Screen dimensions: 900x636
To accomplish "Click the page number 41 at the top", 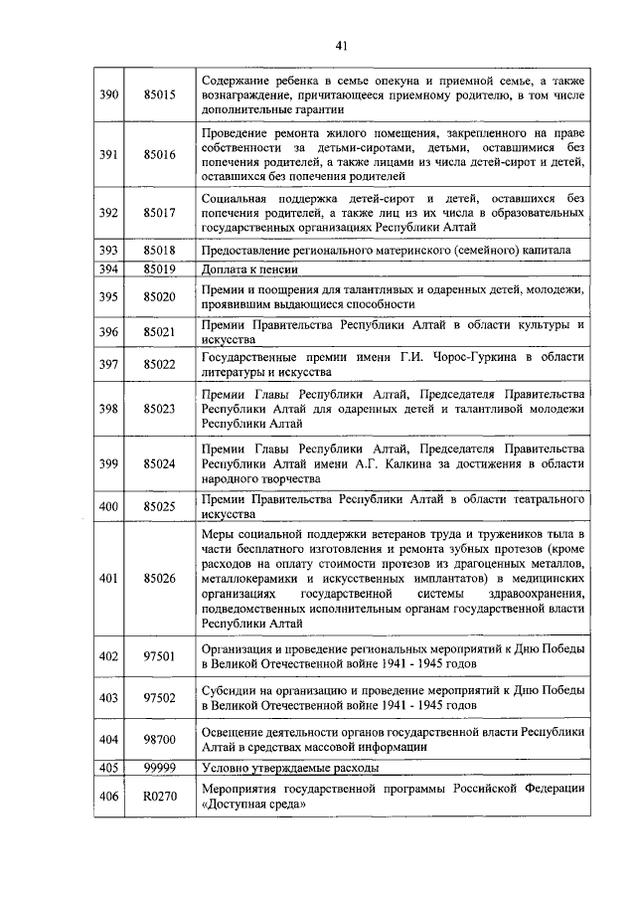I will point(340,46).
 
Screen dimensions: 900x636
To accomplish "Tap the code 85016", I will point(159,154).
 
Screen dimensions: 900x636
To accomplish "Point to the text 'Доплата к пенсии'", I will point(246,269).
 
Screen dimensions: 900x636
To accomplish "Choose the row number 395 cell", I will point(109,296).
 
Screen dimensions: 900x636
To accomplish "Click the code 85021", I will point(159,332).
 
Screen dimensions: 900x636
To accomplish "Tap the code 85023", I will point(159,409).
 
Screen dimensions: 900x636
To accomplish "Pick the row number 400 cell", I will point(109,506).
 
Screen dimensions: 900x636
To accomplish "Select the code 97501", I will point(159,655).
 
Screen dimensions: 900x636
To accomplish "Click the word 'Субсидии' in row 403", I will point(228,689).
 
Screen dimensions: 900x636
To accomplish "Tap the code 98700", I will point(159,741).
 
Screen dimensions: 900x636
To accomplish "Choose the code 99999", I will point(159,768).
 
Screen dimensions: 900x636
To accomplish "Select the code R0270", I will point(159,796).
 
